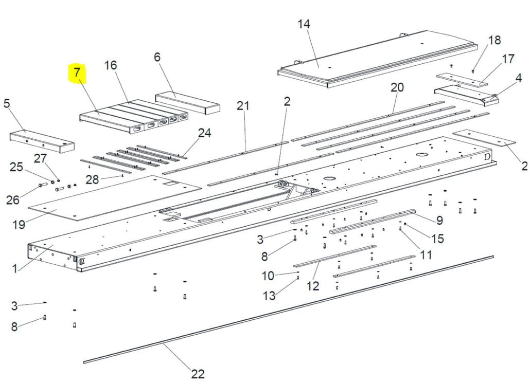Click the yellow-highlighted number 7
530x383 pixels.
coord(77,72)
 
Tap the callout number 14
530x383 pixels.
coord(304,24)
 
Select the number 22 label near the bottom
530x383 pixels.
coord(198,374)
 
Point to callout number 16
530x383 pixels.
coord(111,65)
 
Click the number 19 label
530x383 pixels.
coord(19,224)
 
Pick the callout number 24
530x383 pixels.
coord(204,133)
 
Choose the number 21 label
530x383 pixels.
coord(243,106)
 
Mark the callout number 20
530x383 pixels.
coord(397,87)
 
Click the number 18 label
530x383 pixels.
coord(494,40)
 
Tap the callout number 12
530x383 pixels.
coord(313,286)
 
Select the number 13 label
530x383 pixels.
coord(269,296)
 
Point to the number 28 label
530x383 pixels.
coord(92,180)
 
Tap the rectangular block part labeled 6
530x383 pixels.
coord(188,104)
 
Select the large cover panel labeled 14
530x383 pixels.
coord(377,59)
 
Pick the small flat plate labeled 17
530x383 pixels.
coord(462,80)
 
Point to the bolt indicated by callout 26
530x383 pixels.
coord(43,185)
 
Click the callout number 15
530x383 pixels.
coord(437,239)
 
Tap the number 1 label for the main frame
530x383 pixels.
coord(14,269)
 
